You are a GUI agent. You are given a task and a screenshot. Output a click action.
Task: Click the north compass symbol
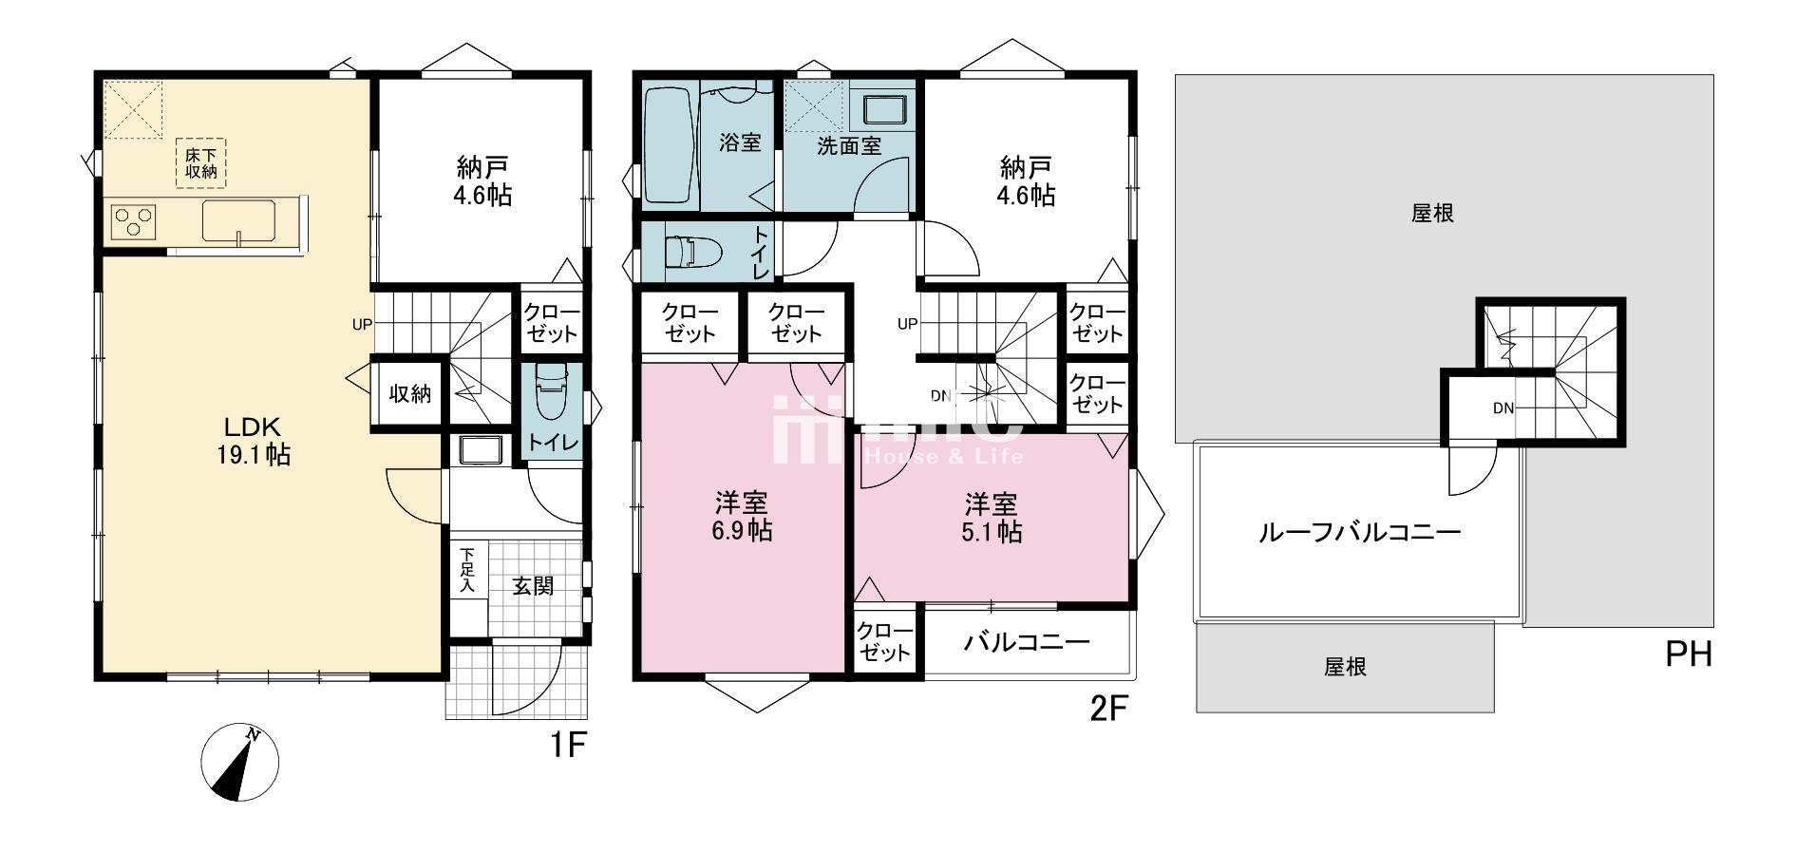click(x=240, y=764)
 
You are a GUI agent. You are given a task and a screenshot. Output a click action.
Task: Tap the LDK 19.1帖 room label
click(x=251, y=440)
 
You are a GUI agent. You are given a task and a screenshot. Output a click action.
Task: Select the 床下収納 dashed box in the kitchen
click(x=201, y=162)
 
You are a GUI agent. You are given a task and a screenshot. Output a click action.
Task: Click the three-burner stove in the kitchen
click(x=134, y=222)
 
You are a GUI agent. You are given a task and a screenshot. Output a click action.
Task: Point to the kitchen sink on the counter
click(x=239, y=221)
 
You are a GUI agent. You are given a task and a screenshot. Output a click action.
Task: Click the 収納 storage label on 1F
click(x=410, y=393)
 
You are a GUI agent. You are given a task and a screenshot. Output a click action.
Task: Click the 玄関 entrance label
click(x=533, y=586)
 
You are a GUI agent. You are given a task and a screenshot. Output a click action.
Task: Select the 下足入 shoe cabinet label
click(x=467, y=570)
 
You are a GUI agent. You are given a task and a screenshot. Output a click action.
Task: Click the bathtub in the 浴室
click(x=671, y=145)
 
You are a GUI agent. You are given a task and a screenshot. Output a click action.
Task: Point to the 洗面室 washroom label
click(x=849, y=146)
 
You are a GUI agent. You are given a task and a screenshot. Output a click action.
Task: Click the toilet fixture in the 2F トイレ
click(x=694, y=253)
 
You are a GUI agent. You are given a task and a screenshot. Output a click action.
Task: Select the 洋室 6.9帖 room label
click(x=742, y=517)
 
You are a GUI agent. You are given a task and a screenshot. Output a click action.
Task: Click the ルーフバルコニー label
click(x=1359, y=532)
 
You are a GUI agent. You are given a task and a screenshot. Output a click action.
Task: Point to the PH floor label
click(x=1689, y=654)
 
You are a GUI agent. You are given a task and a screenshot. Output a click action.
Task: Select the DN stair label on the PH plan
click(x=1503, y=408)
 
